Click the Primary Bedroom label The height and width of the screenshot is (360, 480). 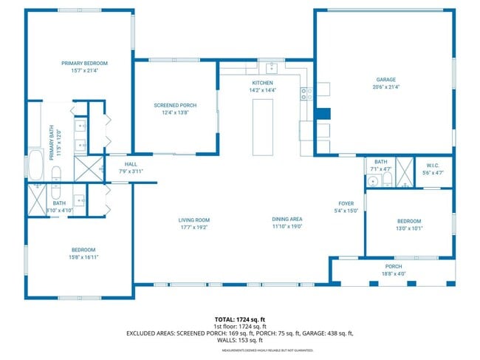84,64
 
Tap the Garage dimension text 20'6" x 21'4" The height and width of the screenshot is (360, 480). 387,87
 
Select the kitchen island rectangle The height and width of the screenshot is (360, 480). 263,126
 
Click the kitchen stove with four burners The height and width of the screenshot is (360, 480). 307,93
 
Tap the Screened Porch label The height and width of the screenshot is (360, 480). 174,106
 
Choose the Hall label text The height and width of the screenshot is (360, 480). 131,164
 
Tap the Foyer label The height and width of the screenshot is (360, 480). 346,203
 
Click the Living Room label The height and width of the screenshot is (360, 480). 194,220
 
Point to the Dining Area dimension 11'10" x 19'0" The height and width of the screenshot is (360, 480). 287,227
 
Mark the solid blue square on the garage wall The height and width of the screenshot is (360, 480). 323,115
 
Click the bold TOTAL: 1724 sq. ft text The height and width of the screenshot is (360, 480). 239,319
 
